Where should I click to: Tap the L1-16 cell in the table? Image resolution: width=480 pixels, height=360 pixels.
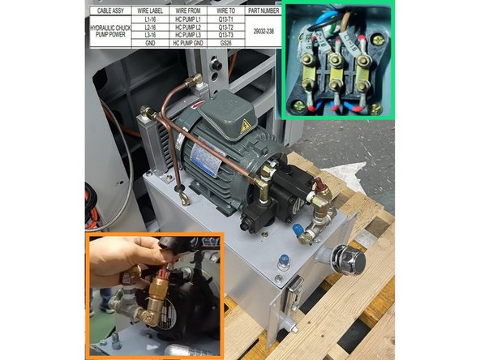click(149, 19)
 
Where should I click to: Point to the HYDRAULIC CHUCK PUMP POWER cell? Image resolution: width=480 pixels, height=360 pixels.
click(110, 31)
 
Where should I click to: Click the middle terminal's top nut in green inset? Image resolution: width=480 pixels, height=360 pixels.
click(333, 62)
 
